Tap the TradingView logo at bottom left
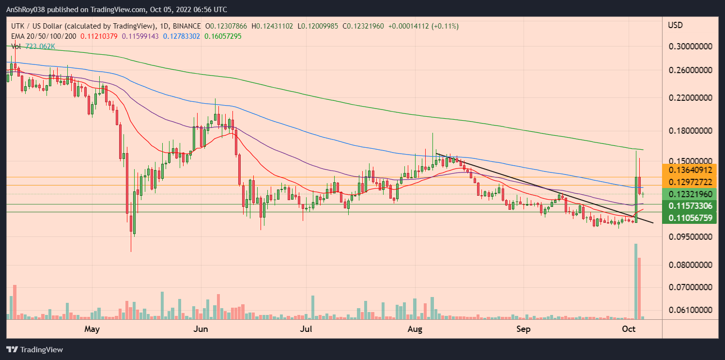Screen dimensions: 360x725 [34, 349]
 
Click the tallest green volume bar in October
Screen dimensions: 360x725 [635, 281]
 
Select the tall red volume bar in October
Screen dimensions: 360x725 [639, 288]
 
